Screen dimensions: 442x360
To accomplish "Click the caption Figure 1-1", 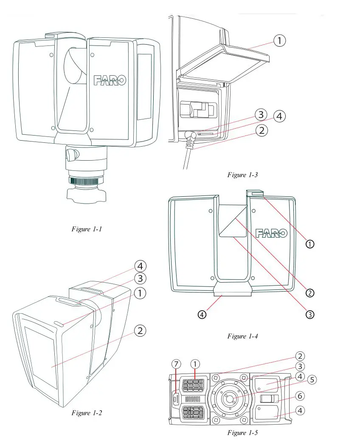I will click(x=87, y=229).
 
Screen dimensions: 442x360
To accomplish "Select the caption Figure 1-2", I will click(x=87, y=413).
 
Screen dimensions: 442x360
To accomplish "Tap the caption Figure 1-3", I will click(x=242, y=175).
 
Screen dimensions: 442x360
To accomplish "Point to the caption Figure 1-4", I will click(x=242, y=336).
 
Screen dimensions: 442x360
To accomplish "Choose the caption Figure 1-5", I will click(x=242, y=433).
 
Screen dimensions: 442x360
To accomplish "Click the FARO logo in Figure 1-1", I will click(x=110, y=80).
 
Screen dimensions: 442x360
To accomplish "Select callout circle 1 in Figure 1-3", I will click(x=279, y=41).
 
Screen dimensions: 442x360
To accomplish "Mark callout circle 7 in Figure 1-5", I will click(x=177, y=364).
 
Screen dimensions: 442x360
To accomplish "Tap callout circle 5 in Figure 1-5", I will click(x=312, y=380).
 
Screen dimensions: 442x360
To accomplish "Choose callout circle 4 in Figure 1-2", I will click(x=141, y=266).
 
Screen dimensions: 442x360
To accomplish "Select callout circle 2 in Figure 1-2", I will click(x=141, y=330).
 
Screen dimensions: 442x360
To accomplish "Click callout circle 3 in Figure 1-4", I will click(x=310, y=315).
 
